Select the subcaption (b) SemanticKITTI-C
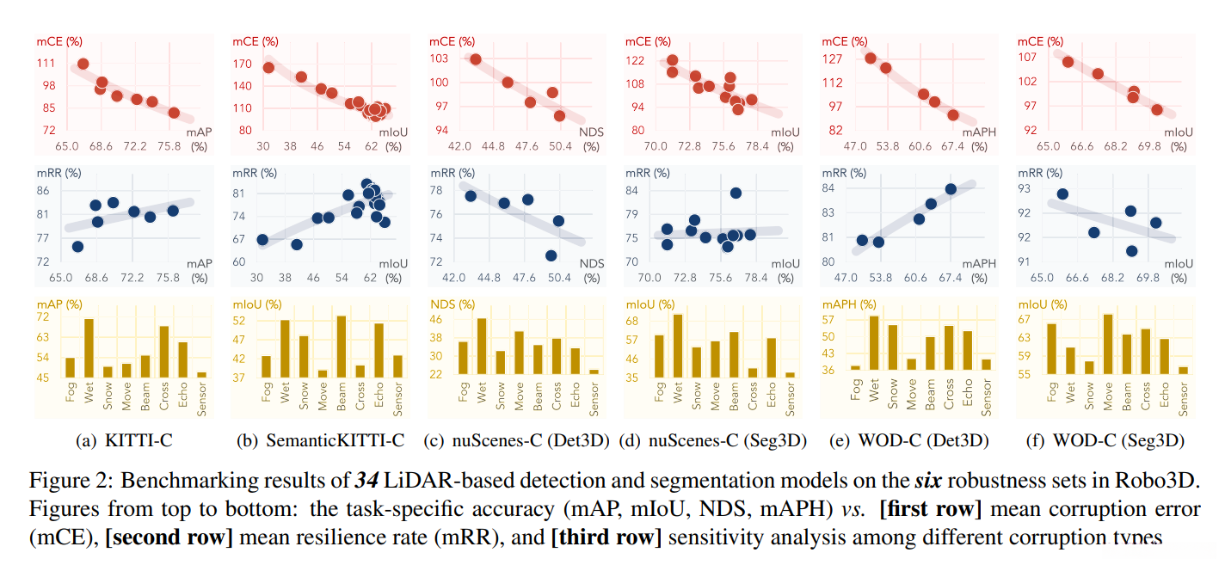pos(320,441)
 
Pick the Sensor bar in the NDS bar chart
pos(594,372)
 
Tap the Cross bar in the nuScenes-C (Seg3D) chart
pos(753,372)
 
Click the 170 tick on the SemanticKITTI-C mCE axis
pos(243,63)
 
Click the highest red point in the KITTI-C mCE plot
pos(83,64)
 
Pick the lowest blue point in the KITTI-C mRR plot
pos(77,246)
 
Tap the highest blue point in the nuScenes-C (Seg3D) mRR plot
pos(736,193)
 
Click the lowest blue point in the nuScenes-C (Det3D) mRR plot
pos(551,255)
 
